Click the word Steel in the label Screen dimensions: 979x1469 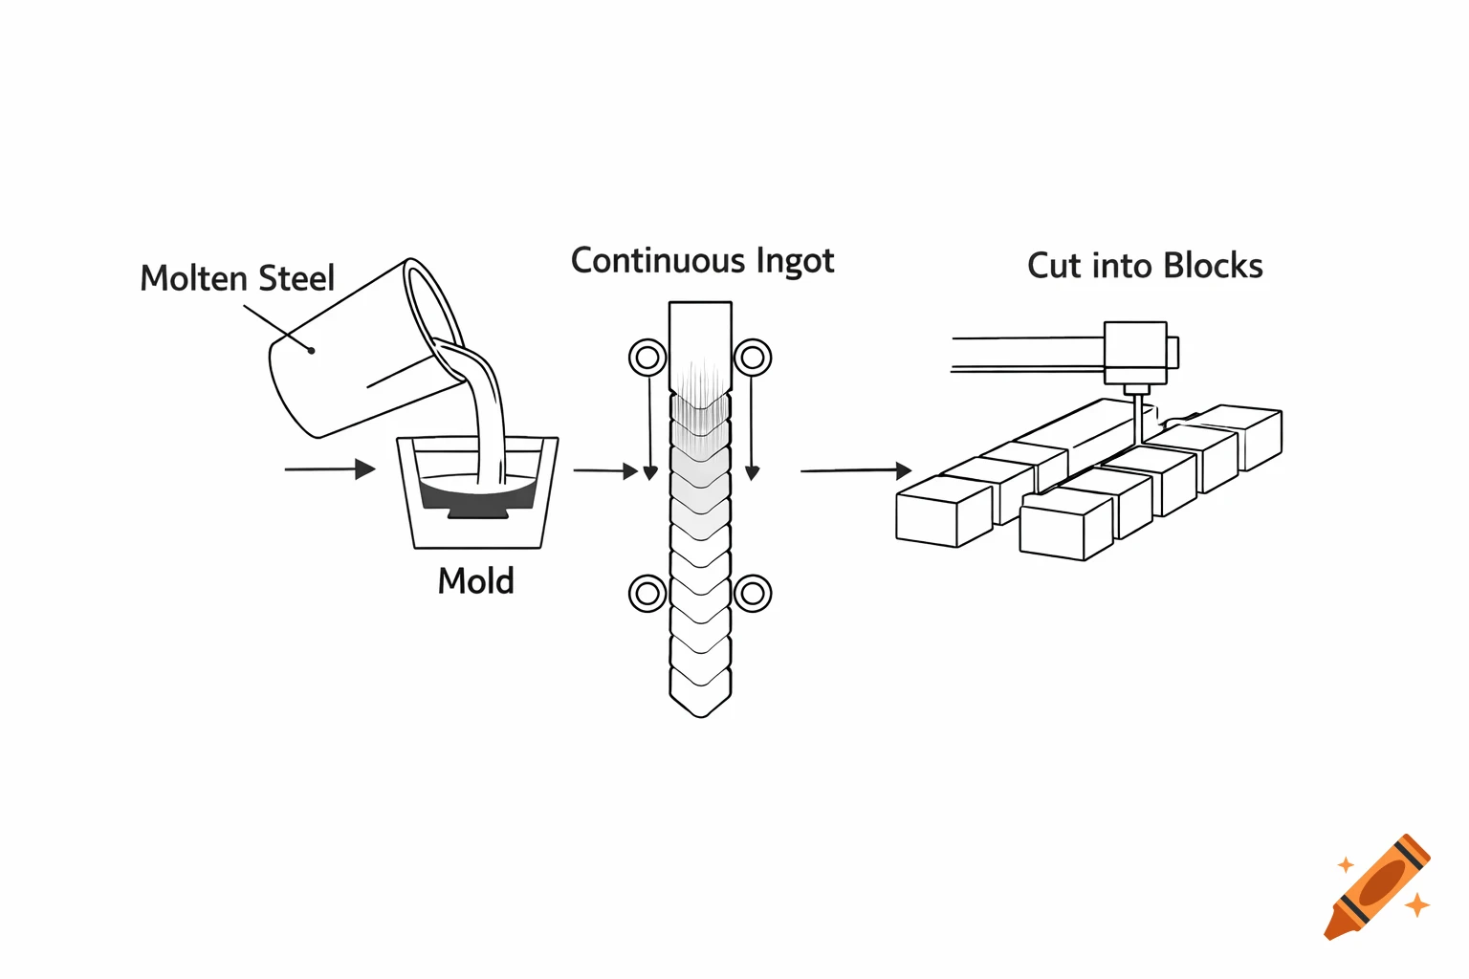[x=296, y=278]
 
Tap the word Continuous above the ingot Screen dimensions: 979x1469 [x=657, y=261]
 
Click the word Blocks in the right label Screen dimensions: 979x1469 [x=1213, y=266]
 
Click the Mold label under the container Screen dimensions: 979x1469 [x=475, y=581]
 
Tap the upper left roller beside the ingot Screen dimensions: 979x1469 [x=647, y=358]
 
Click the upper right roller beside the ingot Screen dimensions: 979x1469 [x=753, y=358]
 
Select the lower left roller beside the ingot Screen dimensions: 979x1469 [x=647, y=593]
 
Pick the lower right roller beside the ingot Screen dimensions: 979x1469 [x=753, y=593]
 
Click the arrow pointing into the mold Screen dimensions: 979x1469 [x=330, y=469]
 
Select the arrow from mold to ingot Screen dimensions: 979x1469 [x=605, y=470]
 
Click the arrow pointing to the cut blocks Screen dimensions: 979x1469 [x=856, y=470]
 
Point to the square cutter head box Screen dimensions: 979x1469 [x=1135, y=353]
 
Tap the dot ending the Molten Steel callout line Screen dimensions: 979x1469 [x=311, y=350]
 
